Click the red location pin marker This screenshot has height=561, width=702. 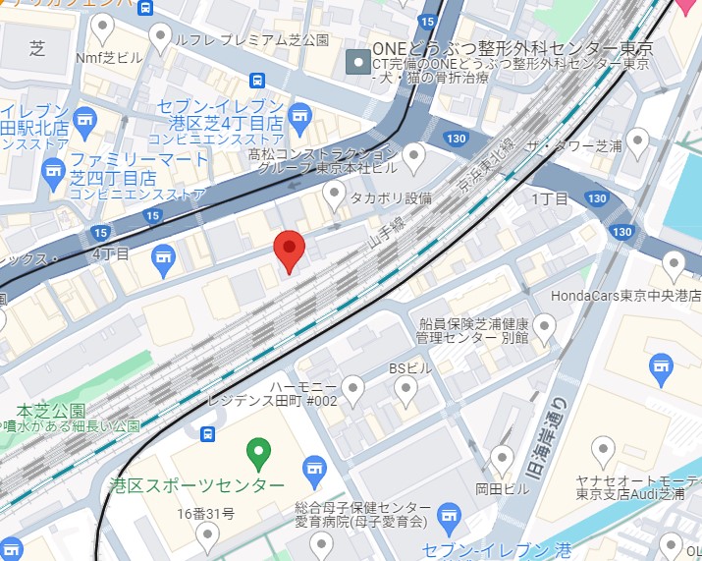pos(289,251)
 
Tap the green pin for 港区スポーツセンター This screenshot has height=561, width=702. pos(258,454)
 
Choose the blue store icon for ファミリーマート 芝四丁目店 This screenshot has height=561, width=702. pos(54,175)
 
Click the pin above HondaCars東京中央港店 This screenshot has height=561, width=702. pos(674,264)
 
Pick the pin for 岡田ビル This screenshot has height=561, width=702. pos(503,458)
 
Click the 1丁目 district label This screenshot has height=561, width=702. pos(549,199)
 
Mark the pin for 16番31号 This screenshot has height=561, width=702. pos(206,534)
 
